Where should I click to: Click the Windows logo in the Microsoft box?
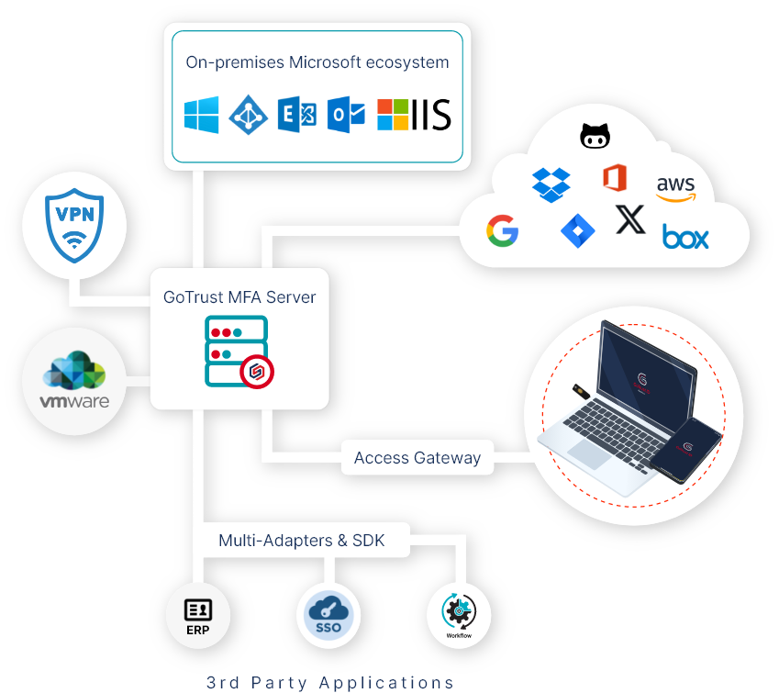pyautogui.click(x=202, y=116)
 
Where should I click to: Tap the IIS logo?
pyautogui.click(x=415, y=116)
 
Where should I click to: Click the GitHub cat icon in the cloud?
pyautogui.click(x=595, y=137)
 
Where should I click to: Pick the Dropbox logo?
pyautogui.click(x=551, y=184)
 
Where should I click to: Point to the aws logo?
pyautogui.click(x=676, y=188)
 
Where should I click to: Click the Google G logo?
pyautogui.click(x=503, y=231)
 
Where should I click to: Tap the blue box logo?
pyautogui.click(x=685, y=239)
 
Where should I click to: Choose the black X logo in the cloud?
pyautogui.click(x=630, y=219)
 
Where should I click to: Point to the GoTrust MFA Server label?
pyautogui.click(x=239, y=297)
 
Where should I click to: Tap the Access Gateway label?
pyautogui.click(x=417, y=458)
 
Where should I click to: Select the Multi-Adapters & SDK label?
pyautogui.click(x=301, y=541)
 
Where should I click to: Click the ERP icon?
pyautogui.click(x=198, y=613)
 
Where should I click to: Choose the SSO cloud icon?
pyautogui.click(x=328, y=613)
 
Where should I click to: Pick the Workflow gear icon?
pyautogui.click(x=459, y=613)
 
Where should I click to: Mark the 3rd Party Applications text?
pyautogui.click(x=330, y=682)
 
